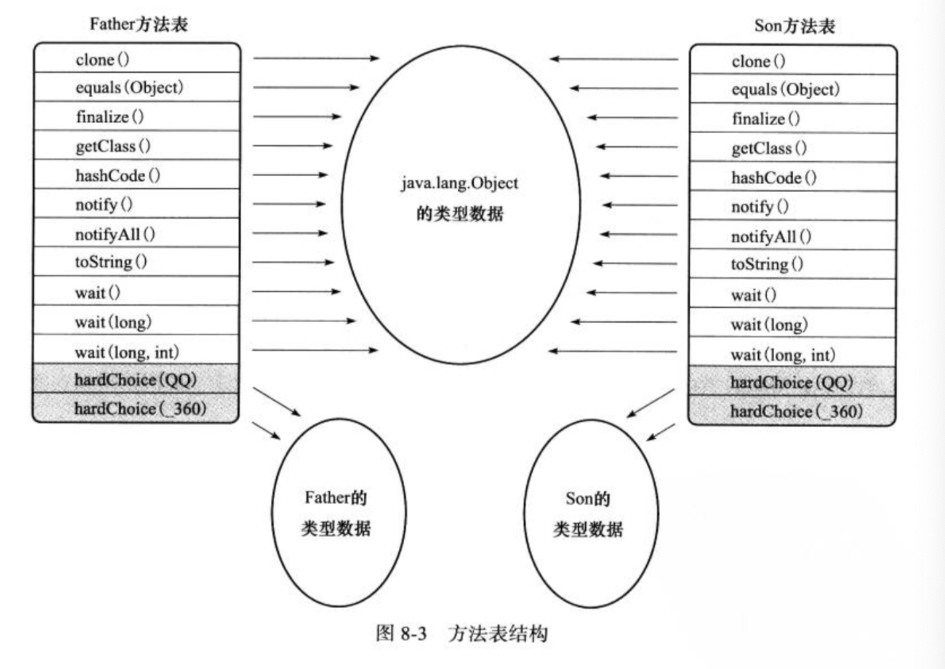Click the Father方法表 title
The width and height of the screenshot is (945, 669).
139,25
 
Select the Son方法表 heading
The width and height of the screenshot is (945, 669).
794,26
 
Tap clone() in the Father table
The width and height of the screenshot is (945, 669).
103,60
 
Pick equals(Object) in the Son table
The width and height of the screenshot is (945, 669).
785,89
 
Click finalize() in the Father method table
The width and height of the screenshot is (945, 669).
109,117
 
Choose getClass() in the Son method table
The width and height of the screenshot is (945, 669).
769,148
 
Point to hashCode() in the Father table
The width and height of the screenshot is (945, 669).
117,176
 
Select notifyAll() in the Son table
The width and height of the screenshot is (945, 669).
771,236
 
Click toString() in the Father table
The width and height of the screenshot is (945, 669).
111,262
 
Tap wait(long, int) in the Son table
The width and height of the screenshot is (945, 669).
783,355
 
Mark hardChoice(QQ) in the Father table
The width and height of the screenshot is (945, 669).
135,380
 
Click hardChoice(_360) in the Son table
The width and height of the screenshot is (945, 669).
796,411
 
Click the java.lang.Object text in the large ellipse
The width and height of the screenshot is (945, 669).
459,183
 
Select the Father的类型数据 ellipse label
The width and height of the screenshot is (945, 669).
336,513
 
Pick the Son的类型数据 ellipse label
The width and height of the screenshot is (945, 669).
588,513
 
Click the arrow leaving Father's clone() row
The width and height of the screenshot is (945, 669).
315,58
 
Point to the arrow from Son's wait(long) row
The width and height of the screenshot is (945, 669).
624,322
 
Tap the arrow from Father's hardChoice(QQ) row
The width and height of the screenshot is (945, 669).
277,402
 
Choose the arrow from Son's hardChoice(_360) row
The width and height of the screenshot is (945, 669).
661,432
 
